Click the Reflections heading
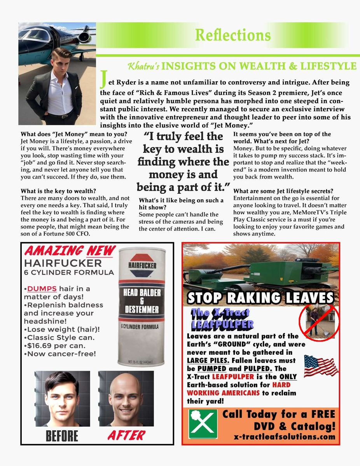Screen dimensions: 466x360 [232, 35]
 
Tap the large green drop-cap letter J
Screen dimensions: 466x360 [103, 79]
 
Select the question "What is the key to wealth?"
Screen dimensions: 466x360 [58, 191]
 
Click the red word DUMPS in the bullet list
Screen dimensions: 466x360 [42, 289]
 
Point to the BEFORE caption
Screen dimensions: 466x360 [62, 436]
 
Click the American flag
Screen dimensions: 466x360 [321, 366]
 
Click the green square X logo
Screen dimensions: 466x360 [203, 424]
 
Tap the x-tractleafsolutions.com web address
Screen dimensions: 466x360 [285, 436]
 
